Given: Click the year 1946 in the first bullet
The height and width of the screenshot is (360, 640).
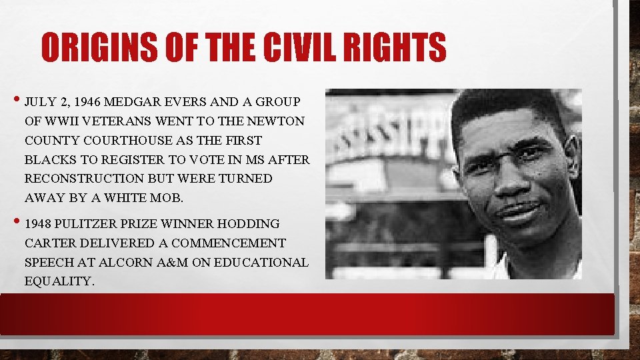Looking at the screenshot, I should (x=89, y=102).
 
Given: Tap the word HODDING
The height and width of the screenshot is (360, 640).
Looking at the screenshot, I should (x=252, y=224).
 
